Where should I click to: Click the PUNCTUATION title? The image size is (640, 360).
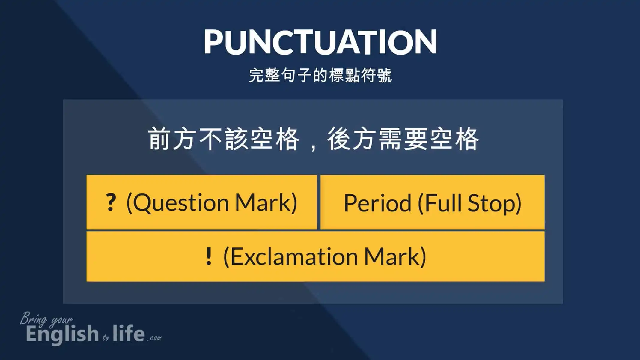320,42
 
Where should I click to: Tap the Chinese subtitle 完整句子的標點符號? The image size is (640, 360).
320,75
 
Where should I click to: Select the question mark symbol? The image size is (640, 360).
111,202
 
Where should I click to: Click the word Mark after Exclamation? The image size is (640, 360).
391,256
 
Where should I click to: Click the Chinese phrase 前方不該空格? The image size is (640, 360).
224,139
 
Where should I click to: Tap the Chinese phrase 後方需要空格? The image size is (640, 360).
403,139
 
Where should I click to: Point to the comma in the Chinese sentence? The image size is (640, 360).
313,147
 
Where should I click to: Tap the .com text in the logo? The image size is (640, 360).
154,338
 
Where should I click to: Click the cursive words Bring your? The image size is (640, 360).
46,319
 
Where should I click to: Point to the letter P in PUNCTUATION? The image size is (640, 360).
215,42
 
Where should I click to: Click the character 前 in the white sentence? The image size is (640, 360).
159,139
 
